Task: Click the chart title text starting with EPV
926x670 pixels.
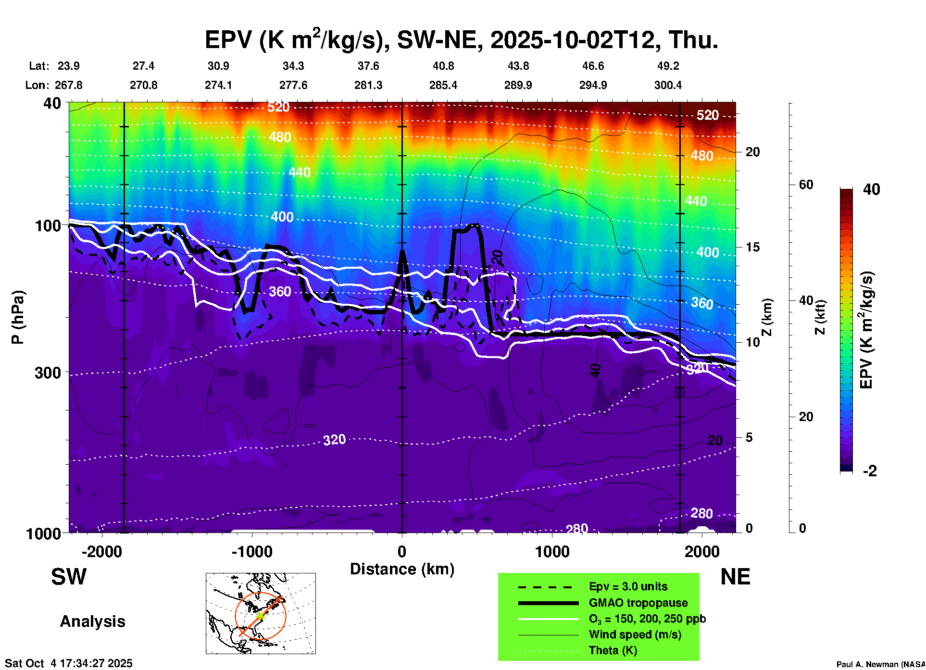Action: tap(462, 39)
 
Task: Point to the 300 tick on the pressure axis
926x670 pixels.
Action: tap(48, 372)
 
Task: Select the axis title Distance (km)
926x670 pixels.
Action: tap(402, 569)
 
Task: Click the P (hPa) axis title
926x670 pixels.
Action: tap(18, 317)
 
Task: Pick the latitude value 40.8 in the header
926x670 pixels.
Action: tap(443, 66)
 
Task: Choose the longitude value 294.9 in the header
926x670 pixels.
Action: tap(593, 85)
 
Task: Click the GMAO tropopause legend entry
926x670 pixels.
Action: tap(638, 603)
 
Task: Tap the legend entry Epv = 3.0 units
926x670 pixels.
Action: tap(628, 587)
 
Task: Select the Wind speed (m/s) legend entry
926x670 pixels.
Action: tap(635, 634)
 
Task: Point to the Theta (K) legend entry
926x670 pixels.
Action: tap(613, 651)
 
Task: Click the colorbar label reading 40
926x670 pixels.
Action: tap(871, 189)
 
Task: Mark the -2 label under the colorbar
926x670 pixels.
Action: tap(870, 471)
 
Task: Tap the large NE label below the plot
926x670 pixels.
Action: tap(735, 577)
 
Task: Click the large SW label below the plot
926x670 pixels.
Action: tap(69, 577)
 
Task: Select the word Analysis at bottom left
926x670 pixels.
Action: tap(92, 621)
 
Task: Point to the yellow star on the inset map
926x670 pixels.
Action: tap(260, 616)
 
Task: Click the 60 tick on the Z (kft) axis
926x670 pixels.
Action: tap(806, 185)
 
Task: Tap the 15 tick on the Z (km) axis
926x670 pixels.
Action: tap(752, 247)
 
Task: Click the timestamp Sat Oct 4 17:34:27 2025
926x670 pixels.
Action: tap(69, 663)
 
